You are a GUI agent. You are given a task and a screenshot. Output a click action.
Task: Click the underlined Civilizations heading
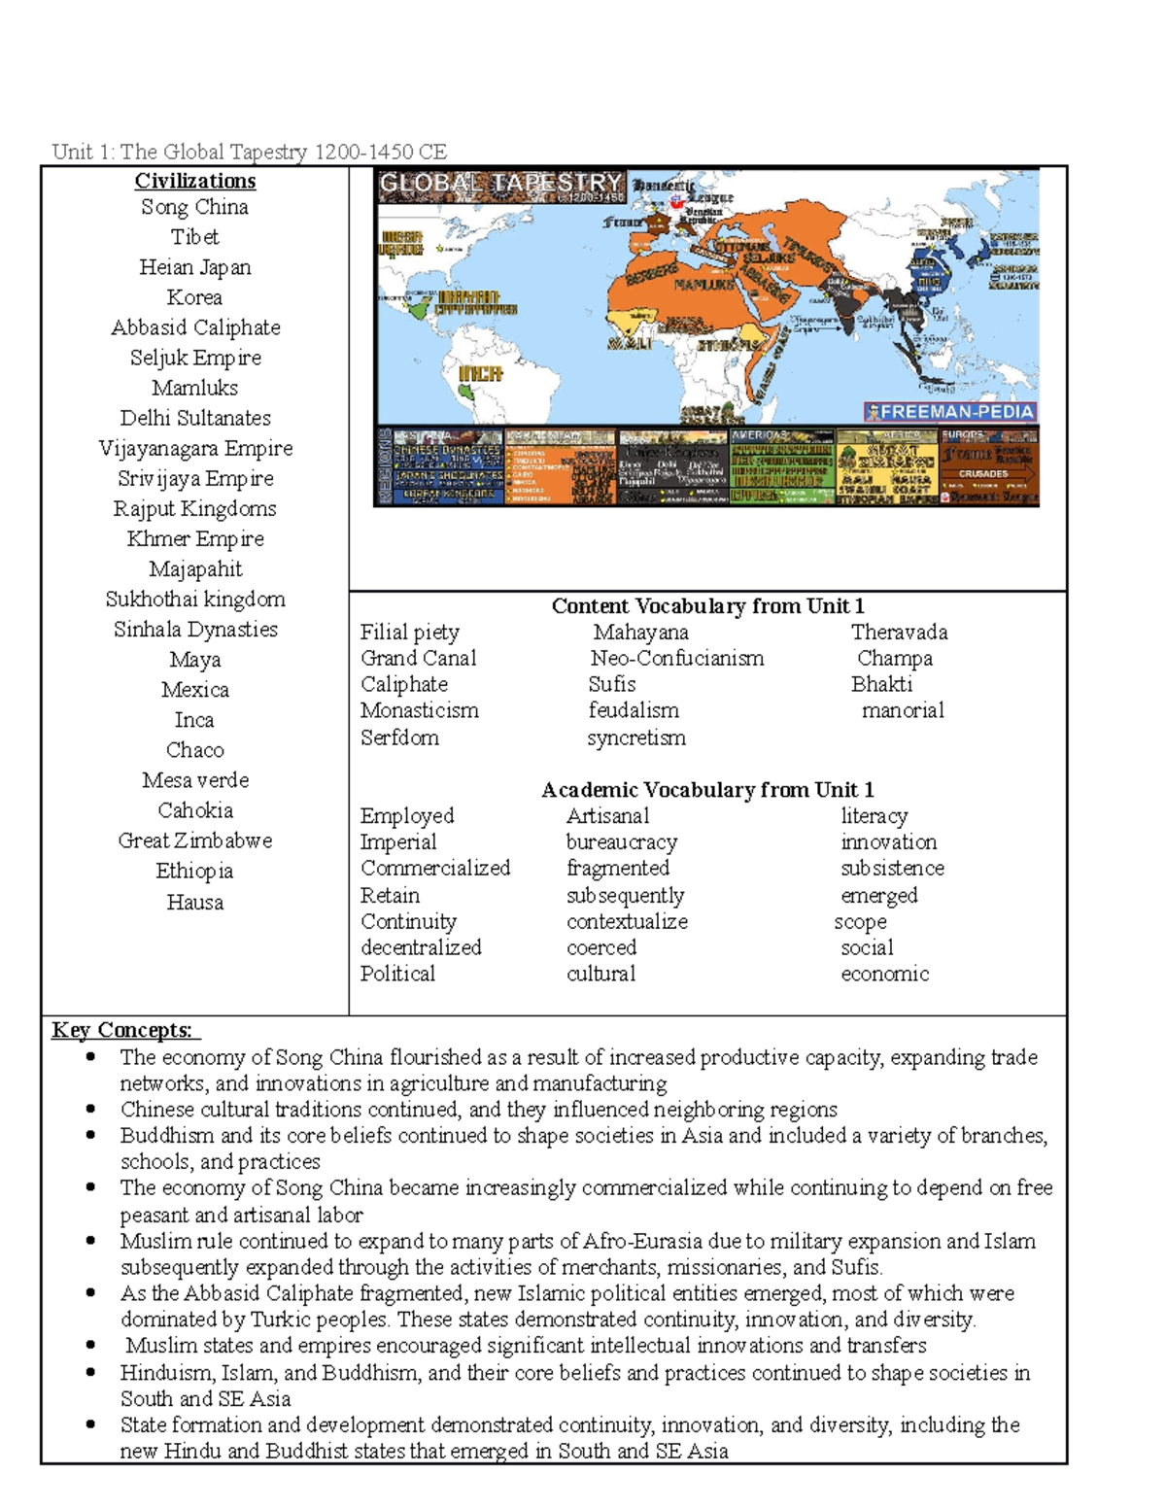194,181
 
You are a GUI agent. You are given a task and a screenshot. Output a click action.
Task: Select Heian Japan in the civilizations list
194,267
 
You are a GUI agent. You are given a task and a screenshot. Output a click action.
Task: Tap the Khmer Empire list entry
194,538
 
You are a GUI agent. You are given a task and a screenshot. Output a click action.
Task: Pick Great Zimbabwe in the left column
194,840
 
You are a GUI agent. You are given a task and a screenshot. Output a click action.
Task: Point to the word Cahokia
194,810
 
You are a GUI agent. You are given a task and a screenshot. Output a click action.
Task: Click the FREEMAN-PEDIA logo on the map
950,411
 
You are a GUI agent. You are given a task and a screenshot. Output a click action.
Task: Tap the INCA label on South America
480,373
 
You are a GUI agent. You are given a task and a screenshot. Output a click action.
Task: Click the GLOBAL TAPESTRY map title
499,184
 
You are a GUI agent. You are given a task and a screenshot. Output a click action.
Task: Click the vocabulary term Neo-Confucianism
676,658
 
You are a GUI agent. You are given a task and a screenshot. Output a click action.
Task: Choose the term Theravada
899,632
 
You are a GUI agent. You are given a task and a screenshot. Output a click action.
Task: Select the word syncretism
636,737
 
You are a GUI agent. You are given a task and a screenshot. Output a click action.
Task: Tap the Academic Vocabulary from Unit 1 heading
707,789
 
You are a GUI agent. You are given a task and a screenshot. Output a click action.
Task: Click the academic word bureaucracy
622,841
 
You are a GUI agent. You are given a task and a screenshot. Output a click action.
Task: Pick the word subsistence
892,868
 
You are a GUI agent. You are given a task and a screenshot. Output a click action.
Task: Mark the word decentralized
421,947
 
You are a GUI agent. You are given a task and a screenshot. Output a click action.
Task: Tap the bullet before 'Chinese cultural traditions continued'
90,1109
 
